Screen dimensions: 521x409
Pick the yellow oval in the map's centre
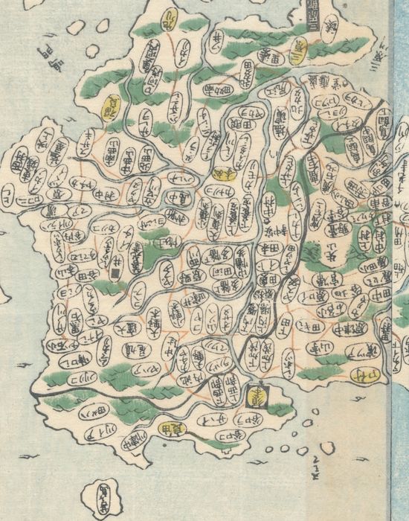click(221, 173)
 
